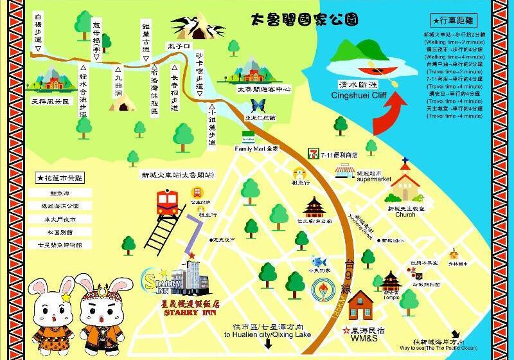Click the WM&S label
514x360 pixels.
(362, 337)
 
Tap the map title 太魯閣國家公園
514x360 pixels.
(303, 21)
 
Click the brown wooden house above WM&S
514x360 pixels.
(362, 305)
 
